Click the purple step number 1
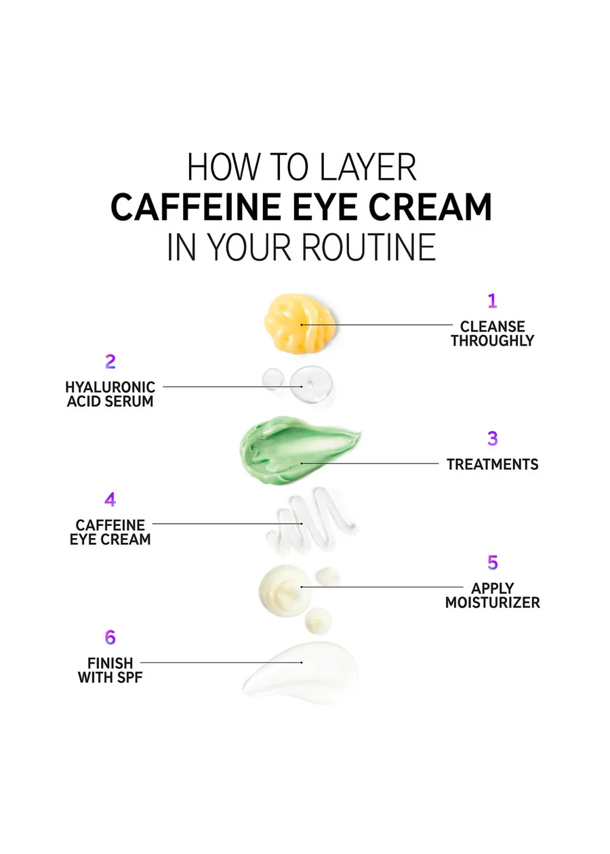coord(492,301)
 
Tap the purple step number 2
coord(110,361)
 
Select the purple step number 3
coord(493,439)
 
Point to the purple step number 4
coord(110,500)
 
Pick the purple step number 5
coord(493,563)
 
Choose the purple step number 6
coord(110,637)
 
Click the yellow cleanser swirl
coord(300,323)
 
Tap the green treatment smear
coord(298,451)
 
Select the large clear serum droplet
coord(311,385)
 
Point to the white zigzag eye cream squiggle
coord(310,521)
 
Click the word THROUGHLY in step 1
coord(492,340)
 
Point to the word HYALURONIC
coord(110,387)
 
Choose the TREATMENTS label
coord(493,464)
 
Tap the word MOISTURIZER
coord(493,603)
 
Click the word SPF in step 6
coord(130,678)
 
